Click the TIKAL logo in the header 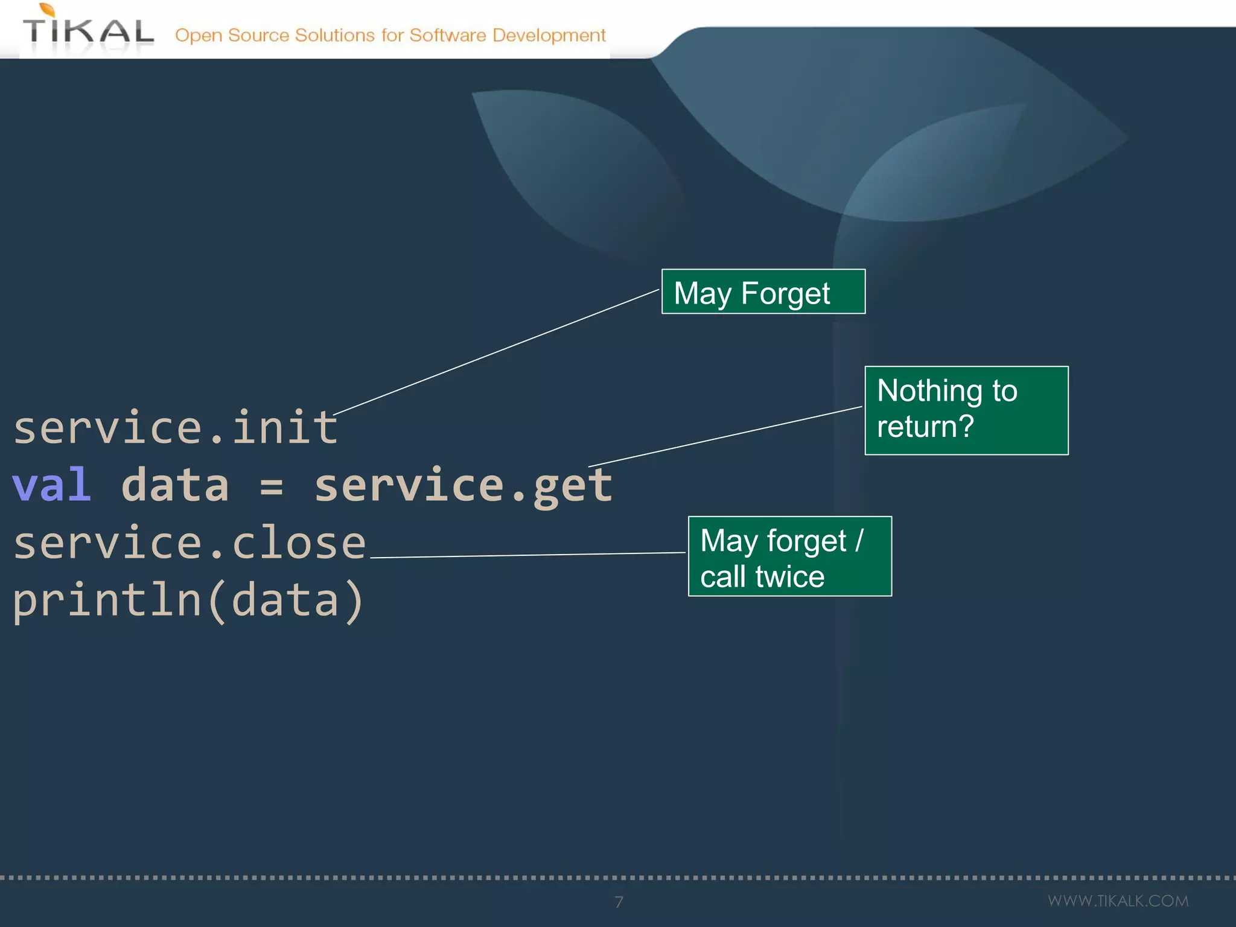click(88, 30)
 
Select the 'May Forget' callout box click(763, 292)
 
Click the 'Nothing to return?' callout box click(966, 410)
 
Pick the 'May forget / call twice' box click(789, 556)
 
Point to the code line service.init click(175, 427)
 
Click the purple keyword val click(52, 485)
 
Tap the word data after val click(175, 485)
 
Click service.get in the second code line click(463, 485)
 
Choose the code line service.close click(190, 543)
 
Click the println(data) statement click(188, 601)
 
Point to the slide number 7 click(619, 902)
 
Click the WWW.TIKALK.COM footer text click(1118, 901)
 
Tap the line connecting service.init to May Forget click(496, 352)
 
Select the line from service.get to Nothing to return click(724, 437)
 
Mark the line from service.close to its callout click(528, 555)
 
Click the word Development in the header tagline click(549, 35)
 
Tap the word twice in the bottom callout click(789, 577)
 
